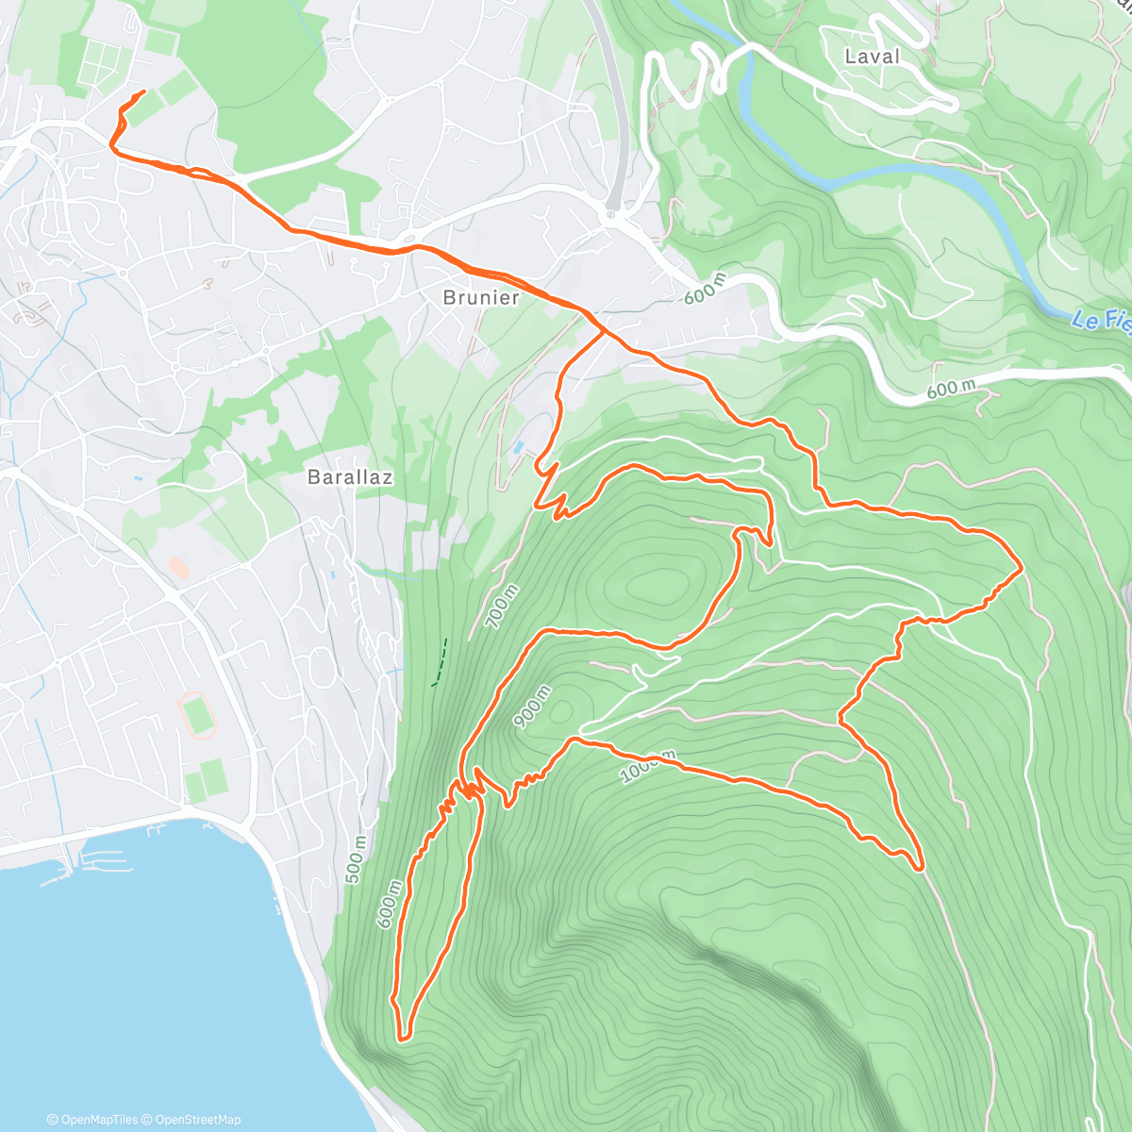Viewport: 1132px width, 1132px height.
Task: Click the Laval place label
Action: [872, 57]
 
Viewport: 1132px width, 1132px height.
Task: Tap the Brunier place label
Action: [481, 298]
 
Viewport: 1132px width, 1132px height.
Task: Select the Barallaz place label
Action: [350, 477]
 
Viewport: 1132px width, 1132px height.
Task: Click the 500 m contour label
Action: [355, 860]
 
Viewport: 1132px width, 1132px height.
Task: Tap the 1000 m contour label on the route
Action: [648, 767]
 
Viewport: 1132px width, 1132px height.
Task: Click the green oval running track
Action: [198, 714]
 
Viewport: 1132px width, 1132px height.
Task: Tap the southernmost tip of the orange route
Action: [403, 1039]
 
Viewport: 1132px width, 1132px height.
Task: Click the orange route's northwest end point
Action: [143, 92]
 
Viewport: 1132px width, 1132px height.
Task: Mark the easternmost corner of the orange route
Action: [1022, 568]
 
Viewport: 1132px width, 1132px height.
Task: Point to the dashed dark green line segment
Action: [440, 661]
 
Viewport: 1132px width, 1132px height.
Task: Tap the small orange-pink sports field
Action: [177, 567]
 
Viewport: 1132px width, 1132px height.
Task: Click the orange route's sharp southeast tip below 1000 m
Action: [918, 866]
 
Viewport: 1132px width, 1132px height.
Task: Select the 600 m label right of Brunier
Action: [706, 289]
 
